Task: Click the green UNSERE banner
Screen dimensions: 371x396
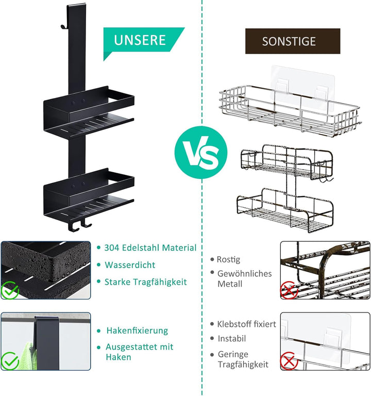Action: tap(141, 40)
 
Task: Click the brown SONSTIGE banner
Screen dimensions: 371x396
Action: tap(293, 41)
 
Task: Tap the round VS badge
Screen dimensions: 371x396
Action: tap(201, 153)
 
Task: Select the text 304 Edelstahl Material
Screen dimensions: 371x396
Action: tap(150, 247)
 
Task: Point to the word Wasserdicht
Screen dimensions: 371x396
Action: tap(130, 265)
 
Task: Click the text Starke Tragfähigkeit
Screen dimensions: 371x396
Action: tap(146, 282)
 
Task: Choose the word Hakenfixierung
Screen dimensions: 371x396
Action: tap(137, 331)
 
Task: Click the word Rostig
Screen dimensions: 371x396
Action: tap(228, 260)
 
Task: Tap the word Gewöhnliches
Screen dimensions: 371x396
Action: tap(244, 273)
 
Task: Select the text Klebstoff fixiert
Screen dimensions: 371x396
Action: tap(247, 324)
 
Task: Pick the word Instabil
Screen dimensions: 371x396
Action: tap(232, 338)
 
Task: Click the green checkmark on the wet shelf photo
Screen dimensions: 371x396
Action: tap(10, 290)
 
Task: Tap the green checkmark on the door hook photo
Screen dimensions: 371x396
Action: tap(10, 360)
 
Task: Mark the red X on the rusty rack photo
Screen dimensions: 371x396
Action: tap(289, 290)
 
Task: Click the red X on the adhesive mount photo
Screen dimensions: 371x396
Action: tap(289, 361)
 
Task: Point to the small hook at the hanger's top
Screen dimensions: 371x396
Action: tap(64, 26)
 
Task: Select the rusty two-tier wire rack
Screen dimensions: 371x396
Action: tap(285, 189)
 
